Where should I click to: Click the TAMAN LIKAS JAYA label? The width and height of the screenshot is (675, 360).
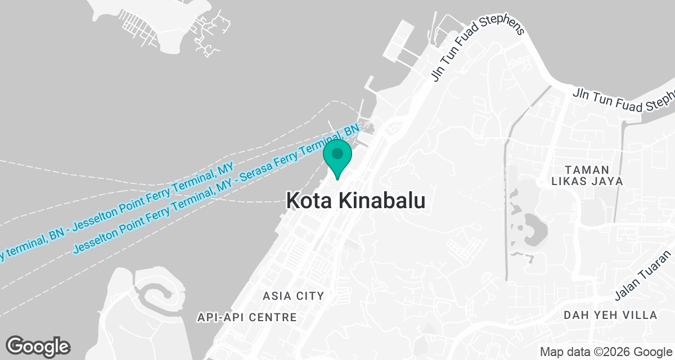point(587,175)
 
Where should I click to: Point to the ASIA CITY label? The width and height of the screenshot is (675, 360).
point(294,295)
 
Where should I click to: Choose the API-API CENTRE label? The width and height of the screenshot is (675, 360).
point(247,317)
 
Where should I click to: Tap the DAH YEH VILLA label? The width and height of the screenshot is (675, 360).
point(610,315)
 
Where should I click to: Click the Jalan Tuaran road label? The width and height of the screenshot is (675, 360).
point(643,281)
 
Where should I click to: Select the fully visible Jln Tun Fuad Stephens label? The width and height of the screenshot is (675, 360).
point(478,52)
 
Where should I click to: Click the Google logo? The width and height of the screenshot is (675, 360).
point(38,346)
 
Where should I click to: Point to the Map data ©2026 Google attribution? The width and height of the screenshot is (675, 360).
point(605,352)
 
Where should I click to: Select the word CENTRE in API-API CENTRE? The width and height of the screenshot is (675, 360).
point(274,317)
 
